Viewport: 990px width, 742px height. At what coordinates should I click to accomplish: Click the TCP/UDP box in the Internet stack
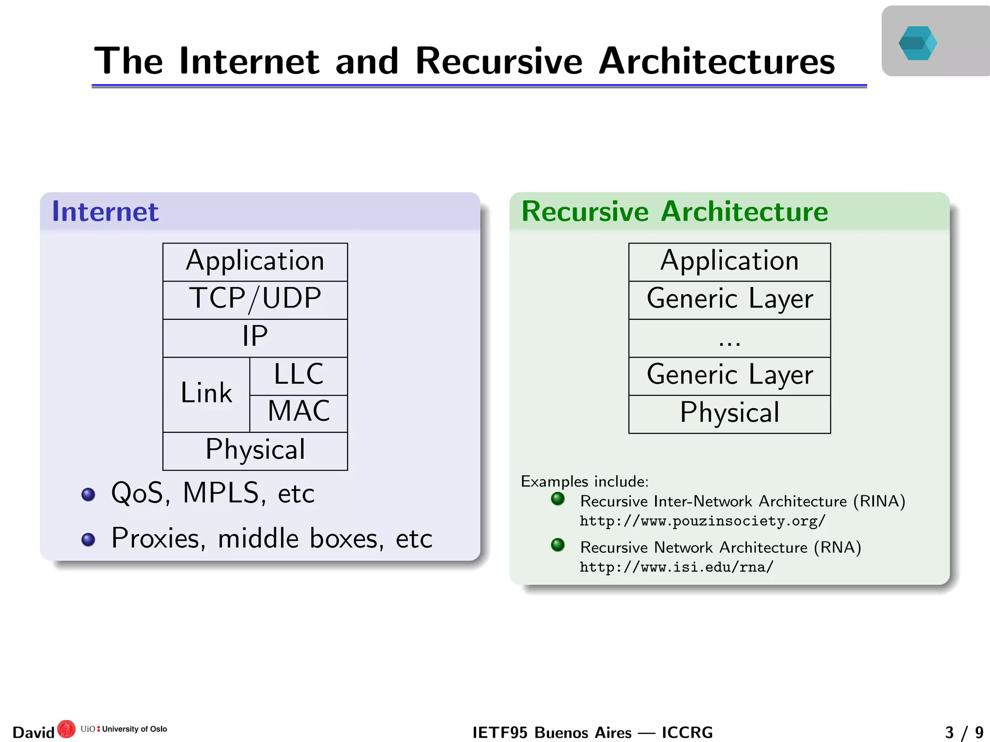255,300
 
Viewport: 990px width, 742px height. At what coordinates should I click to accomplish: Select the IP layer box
255,338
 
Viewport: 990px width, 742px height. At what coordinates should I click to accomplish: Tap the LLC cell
298,376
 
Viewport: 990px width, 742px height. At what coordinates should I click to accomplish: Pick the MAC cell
298,413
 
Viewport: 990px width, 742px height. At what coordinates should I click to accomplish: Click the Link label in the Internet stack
206,394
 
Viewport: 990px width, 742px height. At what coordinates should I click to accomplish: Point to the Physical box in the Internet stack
255,451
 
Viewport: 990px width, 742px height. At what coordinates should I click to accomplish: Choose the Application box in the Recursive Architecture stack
729,262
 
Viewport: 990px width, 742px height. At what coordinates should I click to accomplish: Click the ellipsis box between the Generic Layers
729,338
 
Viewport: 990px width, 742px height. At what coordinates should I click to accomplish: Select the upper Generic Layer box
729,300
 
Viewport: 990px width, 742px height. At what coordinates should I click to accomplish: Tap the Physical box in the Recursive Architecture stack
729,414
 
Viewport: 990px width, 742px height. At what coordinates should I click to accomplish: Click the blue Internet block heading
105,212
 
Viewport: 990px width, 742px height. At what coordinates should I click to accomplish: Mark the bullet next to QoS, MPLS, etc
88,494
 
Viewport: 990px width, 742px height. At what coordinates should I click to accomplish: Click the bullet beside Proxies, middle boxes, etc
88,539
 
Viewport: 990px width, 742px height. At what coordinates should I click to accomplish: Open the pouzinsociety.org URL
702,521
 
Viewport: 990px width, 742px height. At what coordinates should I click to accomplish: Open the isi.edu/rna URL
676,567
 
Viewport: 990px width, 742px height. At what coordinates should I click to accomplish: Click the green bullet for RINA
558,499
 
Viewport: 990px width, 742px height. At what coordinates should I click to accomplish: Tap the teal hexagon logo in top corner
917,43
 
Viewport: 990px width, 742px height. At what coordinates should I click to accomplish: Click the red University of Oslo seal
66,729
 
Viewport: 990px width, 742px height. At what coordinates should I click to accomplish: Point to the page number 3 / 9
964,732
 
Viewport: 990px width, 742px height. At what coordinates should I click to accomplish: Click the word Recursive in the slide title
499,62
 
